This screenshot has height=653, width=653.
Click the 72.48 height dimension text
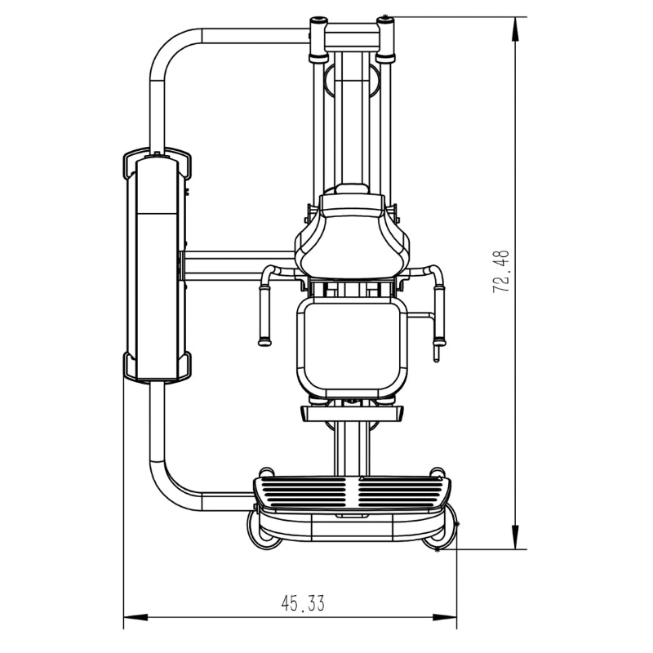point(501,272)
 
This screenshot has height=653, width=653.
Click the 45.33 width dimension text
point(303,603)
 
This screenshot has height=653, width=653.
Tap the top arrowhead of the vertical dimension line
point(516,29)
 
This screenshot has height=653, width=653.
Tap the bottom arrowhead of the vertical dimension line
point(516,537)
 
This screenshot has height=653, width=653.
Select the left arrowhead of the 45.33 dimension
point(136,617)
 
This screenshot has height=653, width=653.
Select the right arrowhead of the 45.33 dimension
point(445,617)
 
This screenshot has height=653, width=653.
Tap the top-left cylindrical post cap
point(318,38)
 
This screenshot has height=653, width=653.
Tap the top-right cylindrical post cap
point(385,38)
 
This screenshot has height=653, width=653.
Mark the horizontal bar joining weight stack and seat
point(239,265)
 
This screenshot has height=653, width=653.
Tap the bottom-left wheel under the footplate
point(261,531)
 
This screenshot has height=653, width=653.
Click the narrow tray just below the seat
point(352,414)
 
